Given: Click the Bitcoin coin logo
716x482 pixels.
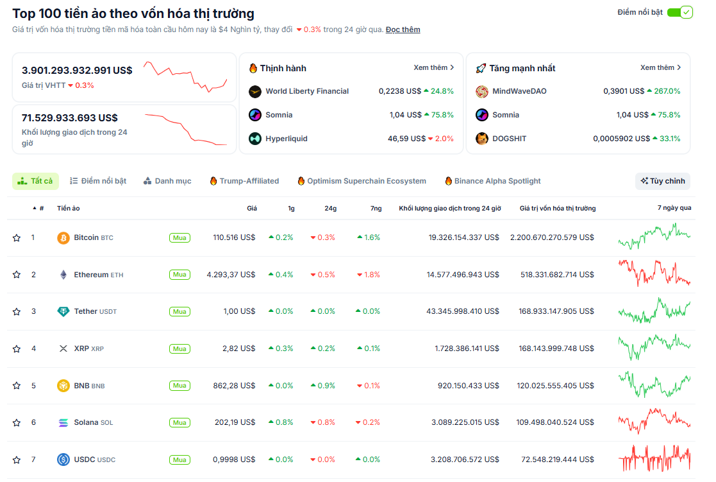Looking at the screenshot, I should coord(63,238).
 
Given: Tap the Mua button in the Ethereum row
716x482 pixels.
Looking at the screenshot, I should coord(179,275).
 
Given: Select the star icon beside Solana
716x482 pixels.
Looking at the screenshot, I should coord(17,423).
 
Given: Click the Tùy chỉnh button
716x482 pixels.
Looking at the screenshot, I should coord(663,181).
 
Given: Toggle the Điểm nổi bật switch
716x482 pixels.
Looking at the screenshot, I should coord(679,12).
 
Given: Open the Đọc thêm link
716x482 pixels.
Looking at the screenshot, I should coord(403,30).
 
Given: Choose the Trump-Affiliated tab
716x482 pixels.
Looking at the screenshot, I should coord(244,181).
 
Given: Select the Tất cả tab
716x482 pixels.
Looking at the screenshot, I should coord(36,181).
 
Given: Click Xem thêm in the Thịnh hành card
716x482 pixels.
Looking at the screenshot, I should coord(433,67).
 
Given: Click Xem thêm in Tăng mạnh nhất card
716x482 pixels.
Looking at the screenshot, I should coord(660,67).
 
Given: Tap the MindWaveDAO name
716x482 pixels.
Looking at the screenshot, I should coord(519,91).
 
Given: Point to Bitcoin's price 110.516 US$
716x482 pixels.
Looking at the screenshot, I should coord(234,237).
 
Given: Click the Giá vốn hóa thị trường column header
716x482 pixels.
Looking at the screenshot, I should coord(557,209).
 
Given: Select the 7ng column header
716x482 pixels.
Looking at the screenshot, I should coord(376,209).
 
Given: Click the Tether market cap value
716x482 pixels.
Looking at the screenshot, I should coord(556,311).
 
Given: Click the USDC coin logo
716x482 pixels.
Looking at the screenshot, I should coord(63,460).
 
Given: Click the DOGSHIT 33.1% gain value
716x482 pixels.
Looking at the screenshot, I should coord(667,139).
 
